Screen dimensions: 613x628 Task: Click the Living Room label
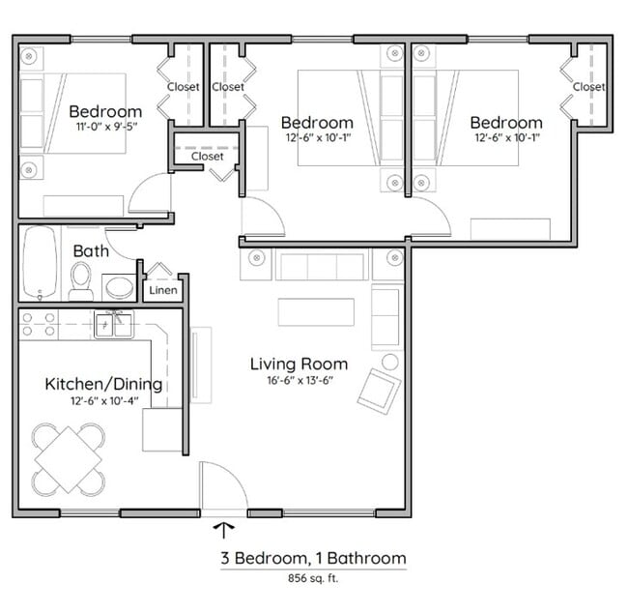pyautogui.click(x=299, y=364)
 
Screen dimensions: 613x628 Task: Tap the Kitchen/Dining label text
pyautogui.click(x=103, y=385)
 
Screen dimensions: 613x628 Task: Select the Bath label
pyautogui.click(x=91, y=251)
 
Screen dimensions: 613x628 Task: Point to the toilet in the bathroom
pyautogui.click(x=81, y=280)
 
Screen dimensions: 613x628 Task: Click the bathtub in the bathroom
pyautogui.click(x=40, y=263)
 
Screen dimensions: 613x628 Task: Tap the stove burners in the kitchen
pyautogui.click(x=38, y=324)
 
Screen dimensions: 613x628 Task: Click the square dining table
pyautogui.click(x=68, y=459)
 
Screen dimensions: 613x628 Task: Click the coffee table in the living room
pyautogui.click(x=316, y=312)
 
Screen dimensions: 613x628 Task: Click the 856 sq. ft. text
pyautogui.click(x=312, y=579)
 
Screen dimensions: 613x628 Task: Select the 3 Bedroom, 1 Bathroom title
pyautogui.click(x=312, y=558)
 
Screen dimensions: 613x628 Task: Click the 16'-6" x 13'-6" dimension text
pyautogui.click(x=299, y=380)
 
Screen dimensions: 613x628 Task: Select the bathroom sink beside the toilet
pyautogui.click(x=118, y=287)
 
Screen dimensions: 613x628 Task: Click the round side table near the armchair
pyautogui.click(x=390, y=362)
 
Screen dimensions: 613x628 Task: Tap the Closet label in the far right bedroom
pyautogui.click(x=588, y=87)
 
